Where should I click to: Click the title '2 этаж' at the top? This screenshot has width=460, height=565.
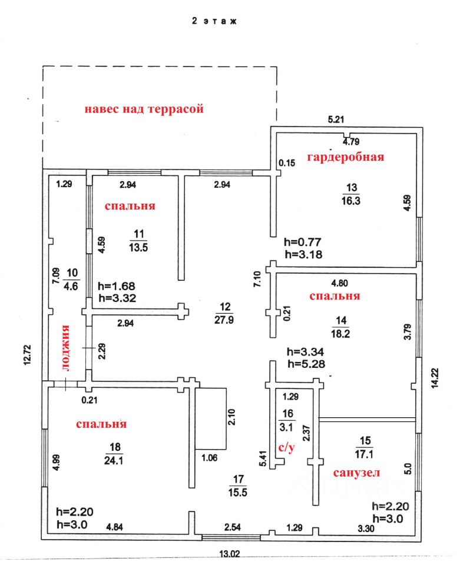pyautogui.click(x=214, y=21)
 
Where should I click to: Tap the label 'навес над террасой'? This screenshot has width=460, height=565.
pyautogui.click(x=144, y=109)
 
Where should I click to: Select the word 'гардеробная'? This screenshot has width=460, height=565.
pyautogui.click(x=345, y=157)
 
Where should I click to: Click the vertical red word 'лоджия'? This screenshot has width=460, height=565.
pyautogui.click(x=66, y=348)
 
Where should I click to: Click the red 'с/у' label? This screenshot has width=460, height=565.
pyautogui.click(x=286, y=448)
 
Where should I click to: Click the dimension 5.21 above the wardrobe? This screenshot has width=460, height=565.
pyautogui.click(x=336, y=119)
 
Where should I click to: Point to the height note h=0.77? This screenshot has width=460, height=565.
pyautogui.click(x=302, y=242)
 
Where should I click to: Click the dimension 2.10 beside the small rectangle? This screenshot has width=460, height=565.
pyautogui.click(x=234, y=417)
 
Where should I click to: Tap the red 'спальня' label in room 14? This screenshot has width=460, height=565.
pyautogui.click(x=335, y=296)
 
